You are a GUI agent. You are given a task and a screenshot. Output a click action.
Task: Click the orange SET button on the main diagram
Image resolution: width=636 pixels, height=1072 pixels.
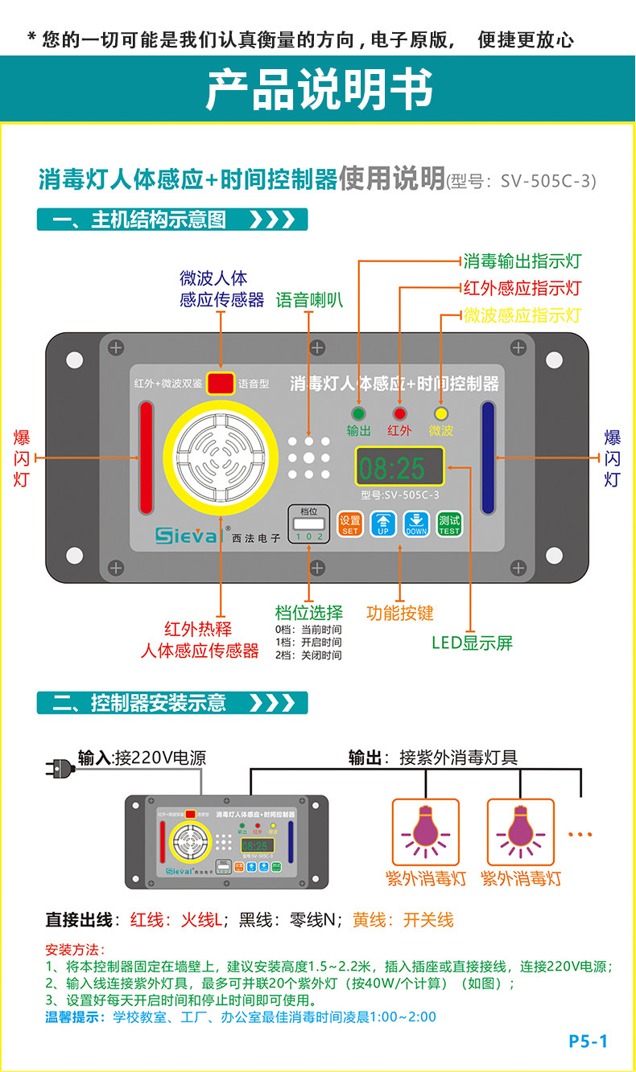350,524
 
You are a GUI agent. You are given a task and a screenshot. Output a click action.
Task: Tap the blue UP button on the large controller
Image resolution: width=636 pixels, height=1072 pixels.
382,524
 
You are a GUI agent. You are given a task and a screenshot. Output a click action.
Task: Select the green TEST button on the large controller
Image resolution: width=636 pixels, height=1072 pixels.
449,524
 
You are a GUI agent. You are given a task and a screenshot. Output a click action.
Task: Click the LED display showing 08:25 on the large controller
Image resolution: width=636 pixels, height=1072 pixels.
400,467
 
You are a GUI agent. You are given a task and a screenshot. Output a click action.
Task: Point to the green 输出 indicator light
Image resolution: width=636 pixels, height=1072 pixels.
357,413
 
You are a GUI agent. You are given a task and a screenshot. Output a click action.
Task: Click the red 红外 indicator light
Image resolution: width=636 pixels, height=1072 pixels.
399,413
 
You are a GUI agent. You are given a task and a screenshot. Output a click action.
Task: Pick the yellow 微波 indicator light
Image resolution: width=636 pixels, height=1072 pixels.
440,413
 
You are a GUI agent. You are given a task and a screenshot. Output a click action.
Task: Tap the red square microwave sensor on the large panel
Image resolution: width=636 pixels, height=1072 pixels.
220,384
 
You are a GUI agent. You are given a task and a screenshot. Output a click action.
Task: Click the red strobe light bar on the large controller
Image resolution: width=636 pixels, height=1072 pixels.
146,458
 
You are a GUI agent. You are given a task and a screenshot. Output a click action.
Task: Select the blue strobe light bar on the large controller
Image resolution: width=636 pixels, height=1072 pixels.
488,457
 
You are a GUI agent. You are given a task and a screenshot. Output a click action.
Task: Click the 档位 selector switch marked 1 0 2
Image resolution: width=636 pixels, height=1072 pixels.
308,526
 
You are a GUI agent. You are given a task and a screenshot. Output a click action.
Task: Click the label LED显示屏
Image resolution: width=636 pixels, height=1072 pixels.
472,643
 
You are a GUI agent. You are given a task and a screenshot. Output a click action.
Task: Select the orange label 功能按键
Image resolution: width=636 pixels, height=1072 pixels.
400,613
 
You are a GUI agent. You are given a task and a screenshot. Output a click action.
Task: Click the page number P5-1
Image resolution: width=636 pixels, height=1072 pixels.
589,1041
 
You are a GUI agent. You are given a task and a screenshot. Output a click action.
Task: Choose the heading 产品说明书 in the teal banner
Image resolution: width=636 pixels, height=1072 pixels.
320,88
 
